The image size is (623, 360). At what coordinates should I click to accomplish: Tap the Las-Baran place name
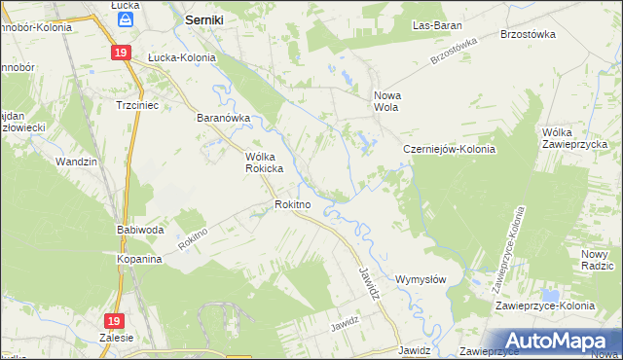coord(436,25)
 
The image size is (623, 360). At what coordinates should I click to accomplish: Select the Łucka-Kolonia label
coord(180,57)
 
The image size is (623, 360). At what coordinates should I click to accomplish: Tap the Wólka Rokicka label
coord(263,162)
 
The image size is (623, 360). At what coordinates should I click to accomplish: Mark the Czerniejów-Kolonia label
coord(450,150)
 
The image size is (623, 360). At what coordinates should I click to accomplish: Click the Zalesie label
coord(116,338)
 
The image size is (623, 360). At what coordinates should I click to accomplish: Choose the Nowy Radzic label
coord(597,259)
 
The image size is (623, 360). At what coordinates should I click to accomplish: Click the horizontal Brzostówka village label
coord(527,33)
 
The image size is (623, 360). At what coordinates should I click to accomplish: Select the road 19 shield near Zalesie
coord(115,320)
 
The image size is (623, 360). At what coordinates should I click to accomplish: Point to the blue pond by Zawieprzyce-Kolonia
coord(551,295)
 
